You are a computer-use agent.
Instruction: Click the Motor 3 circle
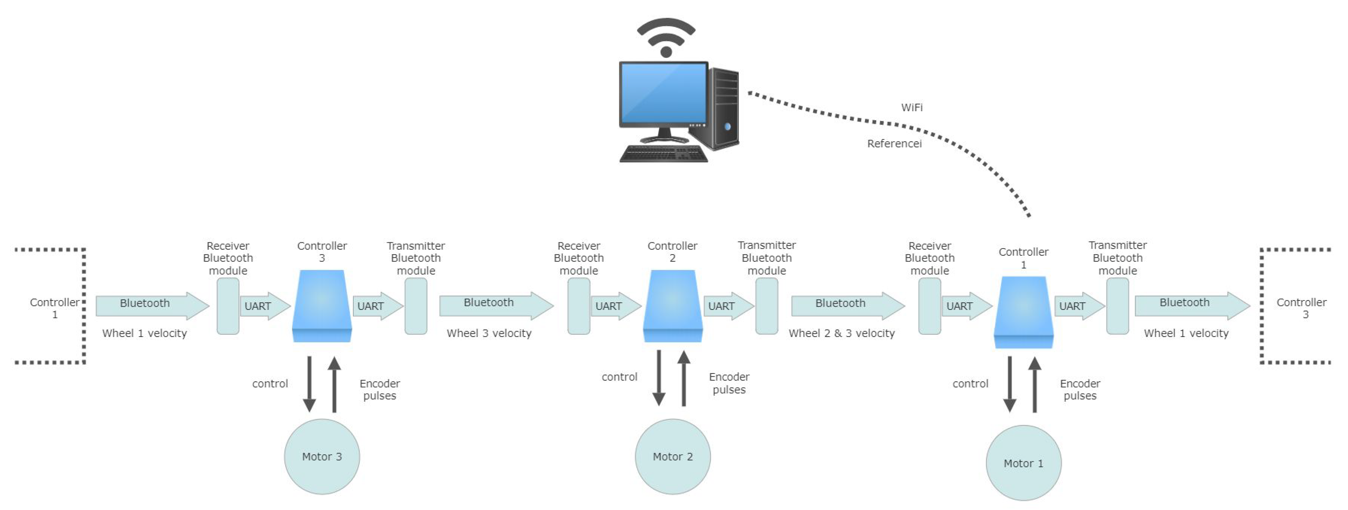[322, 456]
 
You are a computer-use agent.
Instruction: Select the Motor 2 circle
[672, 456]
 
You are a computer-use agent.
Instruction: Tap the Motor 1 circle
[1023, 463]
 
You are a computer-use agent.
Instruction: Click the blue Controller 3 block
[322, 306]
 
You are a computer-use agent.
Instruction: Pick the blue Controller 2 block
[672, 306]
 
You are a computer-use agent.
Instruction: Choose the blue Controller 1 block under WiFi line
[1023, 312]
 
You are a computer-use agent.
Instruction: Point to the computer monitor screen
[663, 93]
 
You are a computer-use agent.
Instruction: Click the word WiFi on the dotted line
[912, 107]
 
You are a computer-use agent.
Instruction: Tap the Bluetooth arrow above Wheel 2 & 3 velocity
[846, 305]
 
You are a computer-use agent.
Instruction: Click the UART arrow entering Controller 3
[264, 306]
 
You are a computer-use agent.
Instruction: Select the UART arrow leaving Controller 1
[1078, 306]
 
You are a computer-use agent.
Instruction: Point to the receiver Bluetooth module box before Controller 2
[579, 306]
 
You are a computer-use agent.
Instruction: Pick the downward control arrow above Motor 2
[659, 377]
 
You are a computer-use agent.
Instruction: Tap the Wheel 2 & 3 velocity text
[841, 333]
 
